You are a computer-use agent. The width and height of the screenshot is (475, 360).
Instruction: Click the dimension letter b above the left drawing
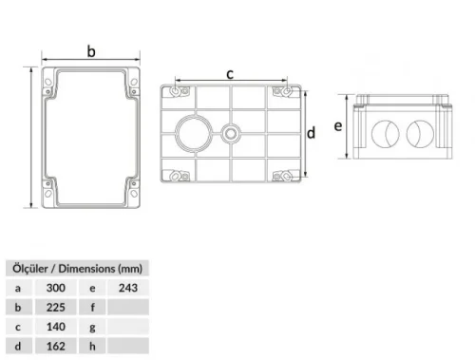click(x=92, y=51)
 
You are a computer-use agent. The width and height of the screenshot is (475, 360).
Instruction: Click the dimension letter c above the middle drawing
click(x=230, y=72)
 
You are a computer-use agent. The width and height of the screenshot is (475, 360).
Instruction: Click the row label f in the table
click(x=91, y=308)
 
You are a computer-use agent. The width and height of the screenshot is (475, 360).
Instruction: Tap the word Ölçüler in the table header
click(x=29, y=267)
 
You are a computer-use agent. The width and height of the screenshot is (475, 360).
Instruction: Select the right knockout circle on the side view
click(x=419, y=134)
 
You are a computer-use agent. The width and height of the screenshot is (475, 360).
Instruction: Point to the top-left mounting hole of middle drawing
click(x=179, y=90)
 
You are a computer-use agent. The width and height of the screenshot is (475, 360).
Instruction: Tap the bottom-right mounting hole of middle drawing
click(x=280, y=176)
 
